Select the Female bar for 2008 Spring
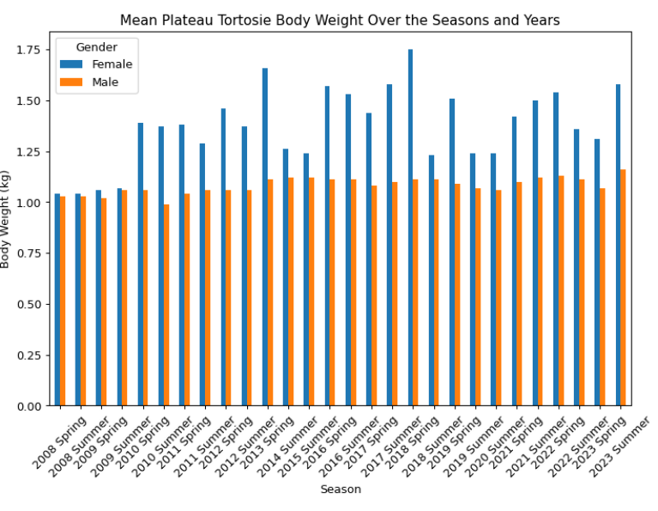(x=57, y=300)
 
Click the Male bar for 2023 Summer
(x=623, y=288)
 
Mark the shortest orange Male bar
(x=166, y=305)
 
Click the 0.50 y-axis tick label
(x=27, y=305)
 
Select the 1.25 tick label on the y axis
(x=27, y=152)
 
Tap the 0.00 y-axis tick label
(x=27, y=406)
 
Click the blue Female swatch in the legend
(x=70, y=64)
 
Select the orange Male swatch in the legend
(x=70, y=82)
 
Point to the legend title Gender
(x=96, y=46)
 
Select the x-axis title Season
(x=341, y=490)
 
